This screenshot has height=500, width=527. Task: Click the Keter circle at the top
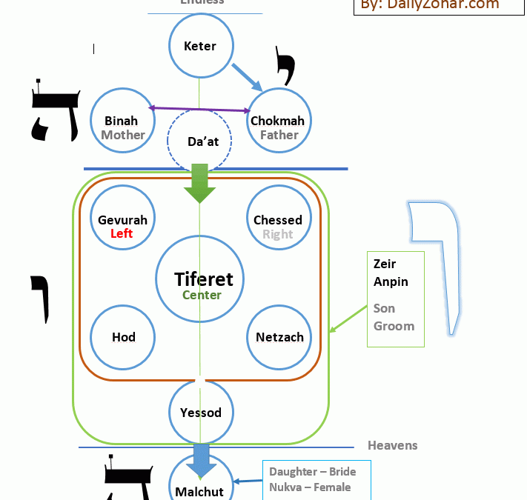tap(200, 46)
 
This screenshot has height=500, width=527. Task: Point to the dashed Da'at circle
tap(199, 141)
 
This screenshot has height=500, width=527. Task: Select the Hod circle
tap(123, 337)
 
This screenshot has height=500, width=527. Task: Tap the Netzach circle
tap(279, 337)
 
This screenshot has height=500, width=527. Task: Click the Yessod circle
tap(200, 412)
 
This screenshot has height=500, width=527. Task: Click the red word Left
tap(122, 233)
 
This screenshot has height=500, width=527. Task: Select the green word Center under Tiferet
tap(202, 295)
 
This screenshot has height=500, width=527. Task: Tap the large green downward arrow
tap(199, 184)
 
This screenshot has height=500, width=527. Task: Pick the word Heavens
tap(392, 445)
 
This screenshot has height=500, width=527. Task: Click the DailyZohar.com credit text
tap(430, 5)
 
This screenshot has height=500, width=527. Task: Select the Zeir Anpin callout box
tap(395, 299)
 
